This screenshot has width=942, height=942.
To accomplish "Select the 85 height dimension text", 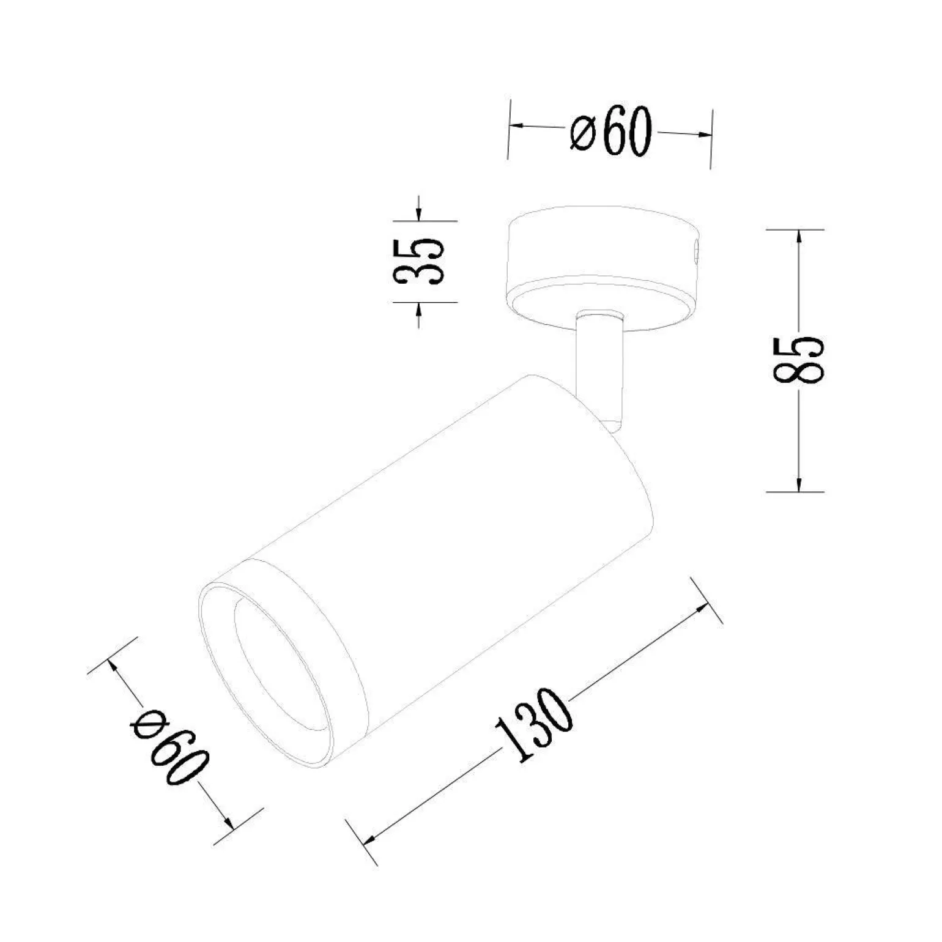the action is click(x=799, y=360).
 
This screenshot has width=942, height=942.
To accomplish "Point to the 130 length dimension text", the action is click(x=533, y=725).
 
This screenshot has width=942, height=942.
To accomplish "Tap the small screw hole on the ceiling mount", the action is click(x=695, y=252).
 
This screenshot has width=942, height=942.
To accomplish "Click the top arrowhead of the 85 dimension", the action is click(x=799, y=239).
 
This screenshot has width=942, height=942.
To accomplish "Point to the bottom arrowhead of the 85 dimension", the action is click(x=799, y=481).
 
